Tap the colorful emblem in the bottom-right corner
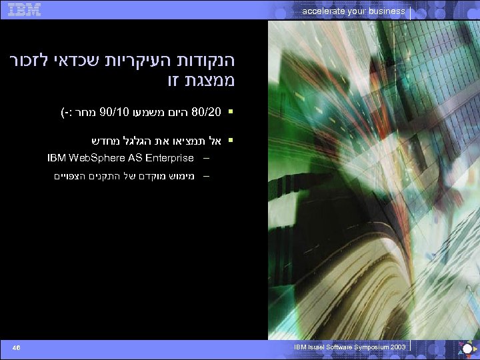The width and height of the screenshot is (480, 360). pyautogui.click(x=465, y=348)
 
